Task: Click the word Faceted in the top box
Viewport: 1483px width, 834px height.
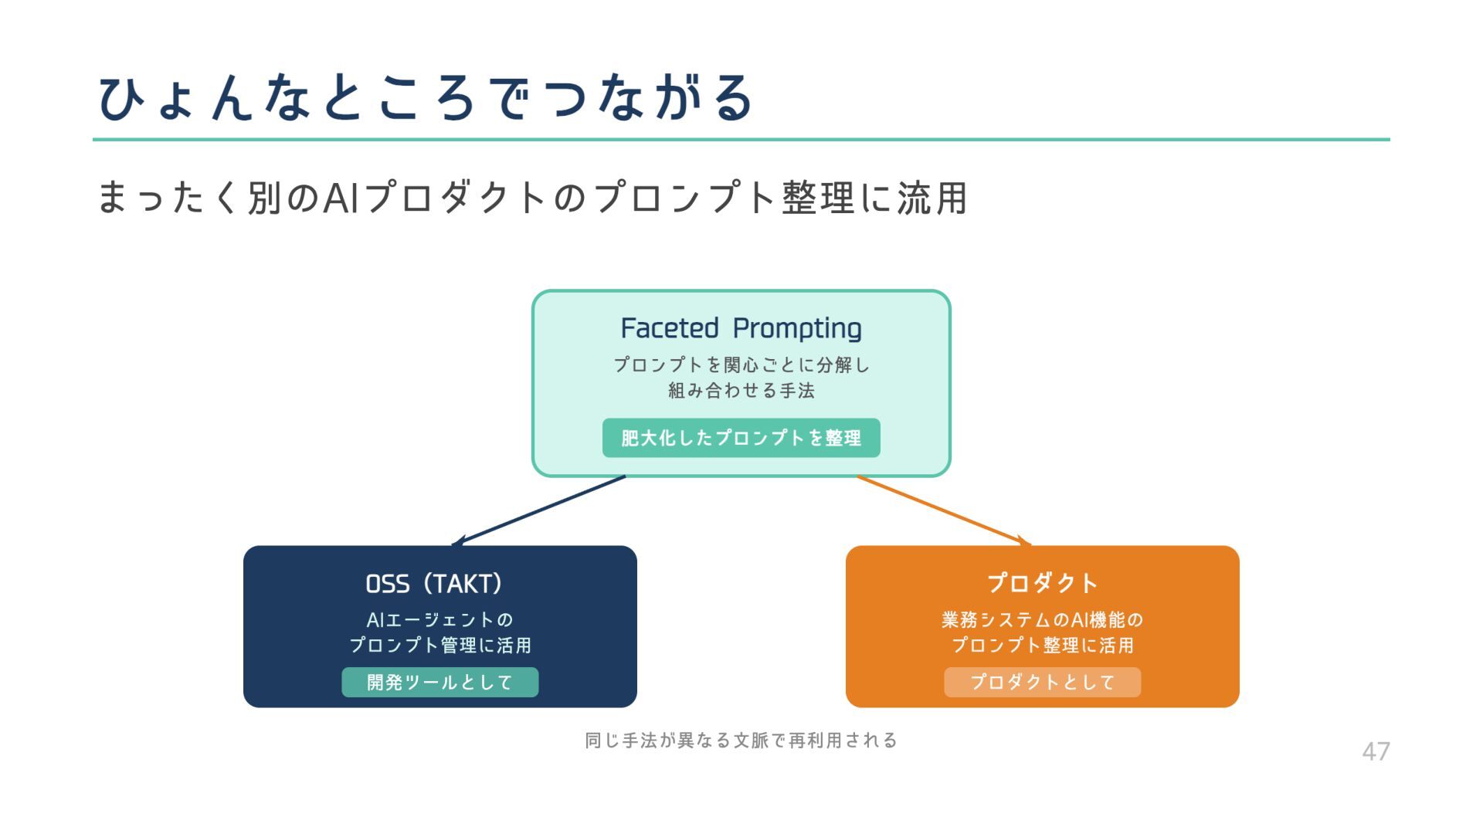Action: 670,328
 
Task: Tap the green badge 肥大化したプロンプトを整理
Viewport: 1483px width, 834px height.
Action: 741,438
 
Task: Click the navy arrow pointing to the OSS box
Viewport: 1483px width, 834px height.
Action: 541,510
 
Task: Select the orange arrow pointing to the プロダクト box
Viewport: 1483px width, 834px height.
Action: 942,510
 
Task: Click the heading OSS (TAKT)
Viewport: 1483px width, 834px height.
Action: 434,584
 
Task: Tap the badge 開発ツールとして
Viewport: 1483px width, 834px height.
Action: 439,683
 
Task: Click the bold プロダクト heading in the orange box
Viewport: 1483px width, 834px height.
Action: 1042,583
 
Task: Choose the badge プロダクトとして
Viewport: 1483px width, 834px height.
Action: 1042,683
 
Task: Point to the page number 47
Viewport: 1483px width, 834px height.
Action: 1376,751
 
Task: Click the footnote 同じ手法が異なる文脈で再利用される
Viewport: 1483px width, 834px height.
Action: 741,741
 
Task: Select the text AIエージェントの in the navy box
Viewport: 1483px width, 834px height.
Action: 439,620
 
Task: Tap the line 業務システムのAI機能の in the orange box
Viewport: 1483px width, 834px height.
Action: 1042,620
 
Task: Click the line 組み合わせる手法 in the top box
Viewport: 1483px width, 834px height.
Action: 741,391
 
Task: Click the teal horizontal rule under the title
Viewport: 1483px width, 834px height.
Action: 741,140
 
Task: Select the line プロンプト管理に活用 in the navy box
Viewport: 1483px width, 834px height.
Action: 439,646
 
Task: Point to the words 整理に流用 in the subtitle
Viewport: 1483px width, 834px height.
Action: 874,198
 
